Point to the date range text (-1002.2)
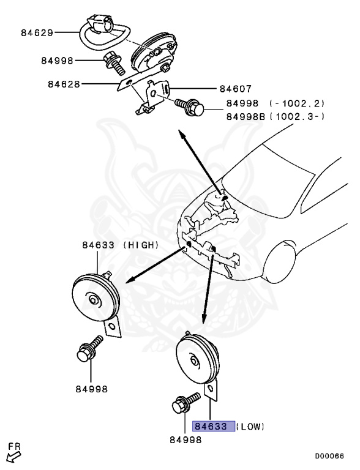point(299,103)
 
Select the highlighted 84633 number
point(212,426)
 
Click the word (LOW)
point(252,426)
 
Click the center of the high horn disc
point(92,299)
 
